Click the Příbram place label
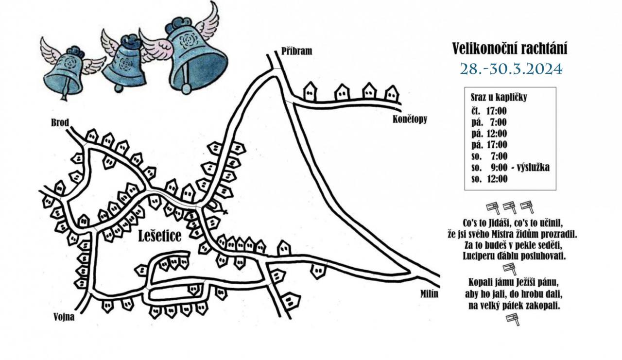click(x=296, y=51)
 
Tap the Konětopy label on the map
click(x=410, y=120)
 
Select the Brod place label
click(x=60, y=123)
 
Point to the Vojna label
click(x=64, y=317)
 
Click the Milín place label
click(x=429, y=294)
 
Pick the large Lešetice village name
click(x=160, y=236)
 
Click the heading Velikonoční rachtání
click(x=510, y=49)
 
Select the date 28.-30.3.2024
click(x=511, y=69)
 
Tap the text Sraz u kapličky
click(x=499, y=98)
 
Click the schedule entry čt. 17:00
click(x=489, y=111)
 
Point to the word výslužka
click(x=533, y=168)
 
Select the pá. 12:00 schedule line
click(x=489, y=134)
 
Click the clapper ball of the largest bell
click(x=186, y=89)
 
